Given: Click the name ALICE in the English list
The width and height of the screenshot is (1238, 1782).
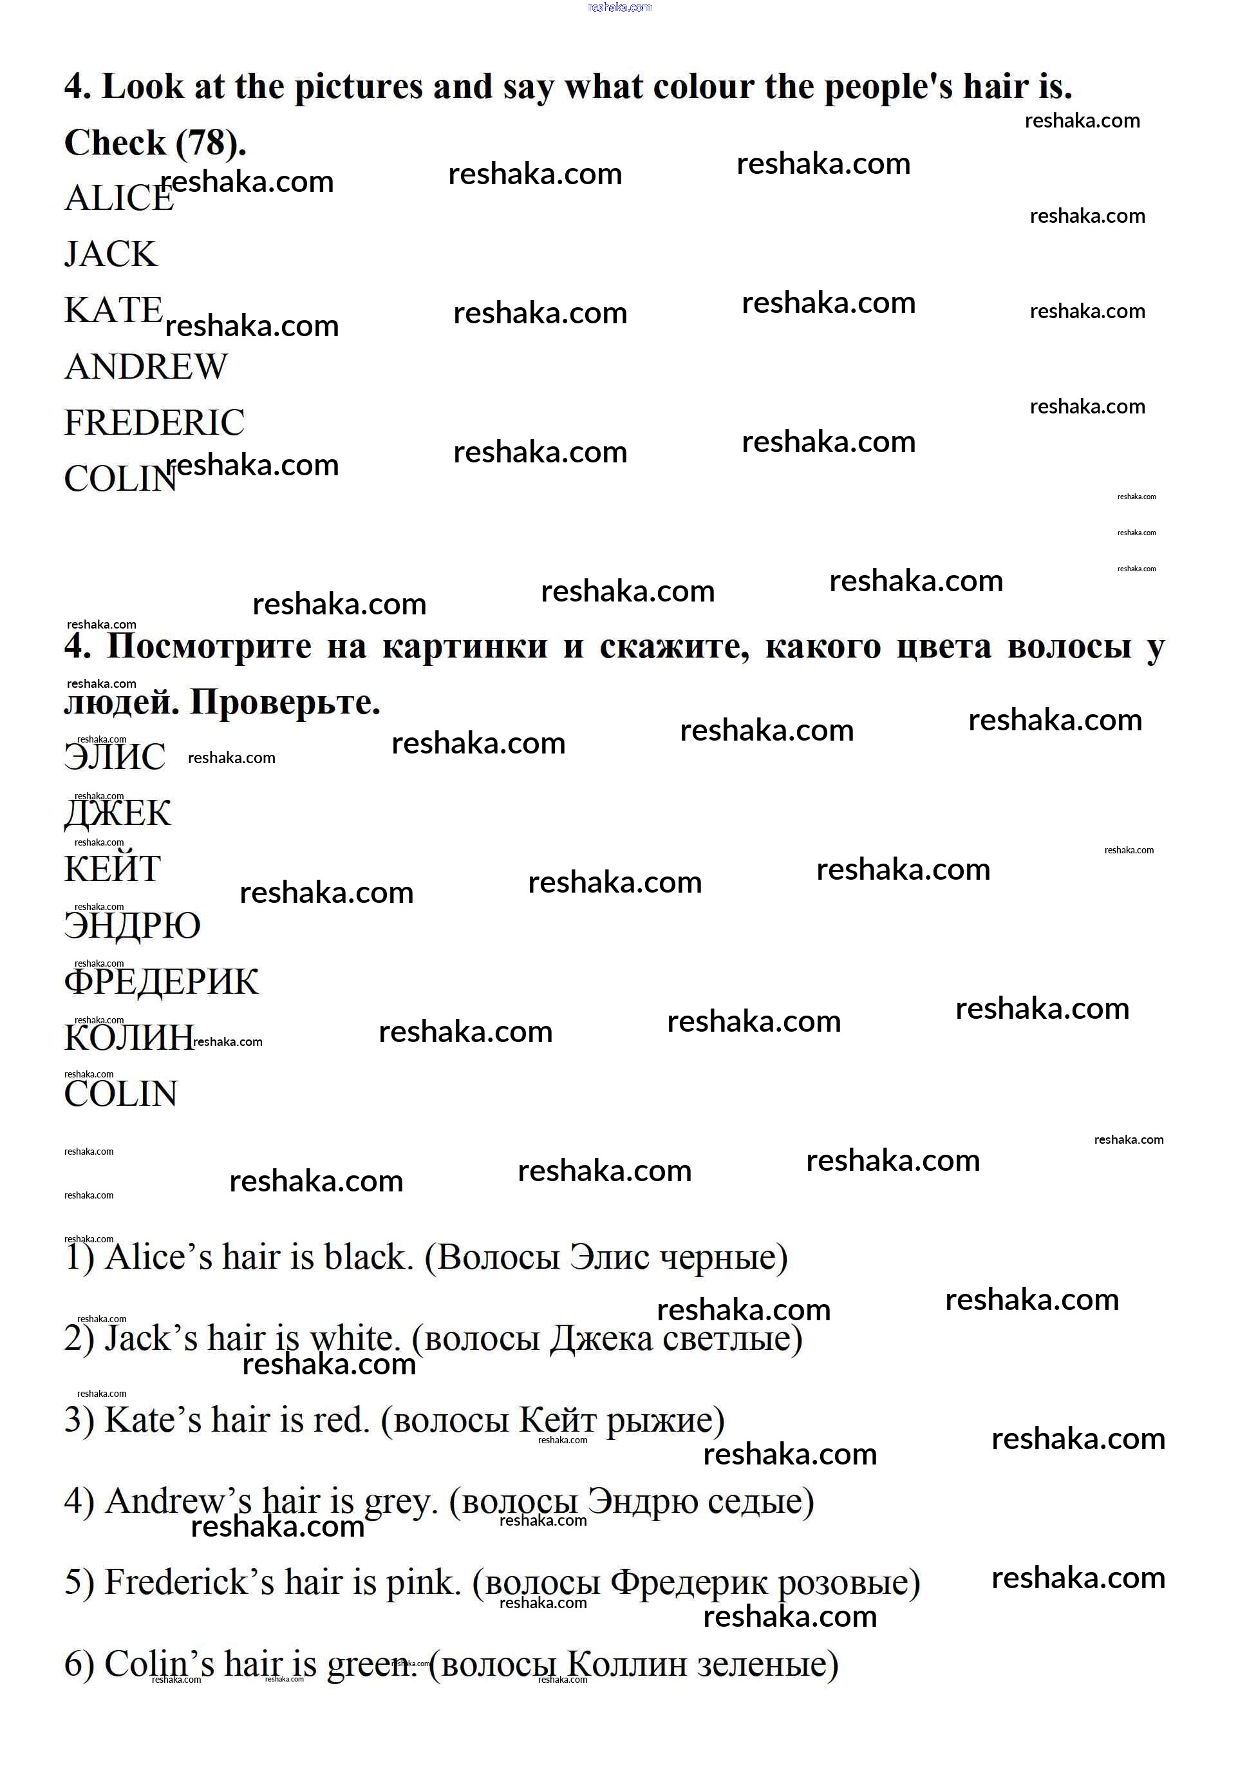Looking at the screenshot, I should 118,198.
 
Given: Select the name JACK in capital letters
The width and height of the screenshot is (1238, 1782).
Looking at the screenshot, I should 110,254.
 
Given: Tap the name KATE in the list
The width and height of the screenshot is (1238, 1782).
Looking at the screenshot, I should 113,310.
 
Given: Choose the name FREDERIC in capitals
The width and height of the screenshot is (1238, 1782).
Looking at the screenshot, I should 154,423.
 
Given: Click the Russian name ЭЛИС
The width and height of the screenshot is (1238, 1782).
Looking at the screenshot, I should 115,757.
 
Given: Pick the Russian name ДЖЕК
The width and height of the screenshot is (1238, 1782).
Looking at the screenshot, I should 117,814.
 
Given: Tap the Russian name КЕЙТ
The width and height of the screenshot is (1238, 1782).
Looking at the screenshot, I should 113,869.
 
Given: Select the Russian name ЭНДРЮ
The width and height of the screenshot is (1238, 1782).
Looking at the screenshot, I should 132,926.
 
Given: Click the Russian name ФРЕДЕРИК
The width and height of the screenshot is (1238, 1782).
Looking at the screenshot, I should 160,982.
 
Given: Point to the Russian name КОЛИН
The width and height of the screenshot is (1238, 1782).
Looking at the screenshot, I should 128,1038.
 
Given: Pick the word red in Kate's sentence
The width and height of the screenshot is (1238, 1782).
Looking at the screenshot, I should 341,1421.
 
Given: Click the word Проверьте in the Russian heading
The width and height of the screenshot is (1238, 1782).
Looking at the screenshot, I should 285,703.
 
